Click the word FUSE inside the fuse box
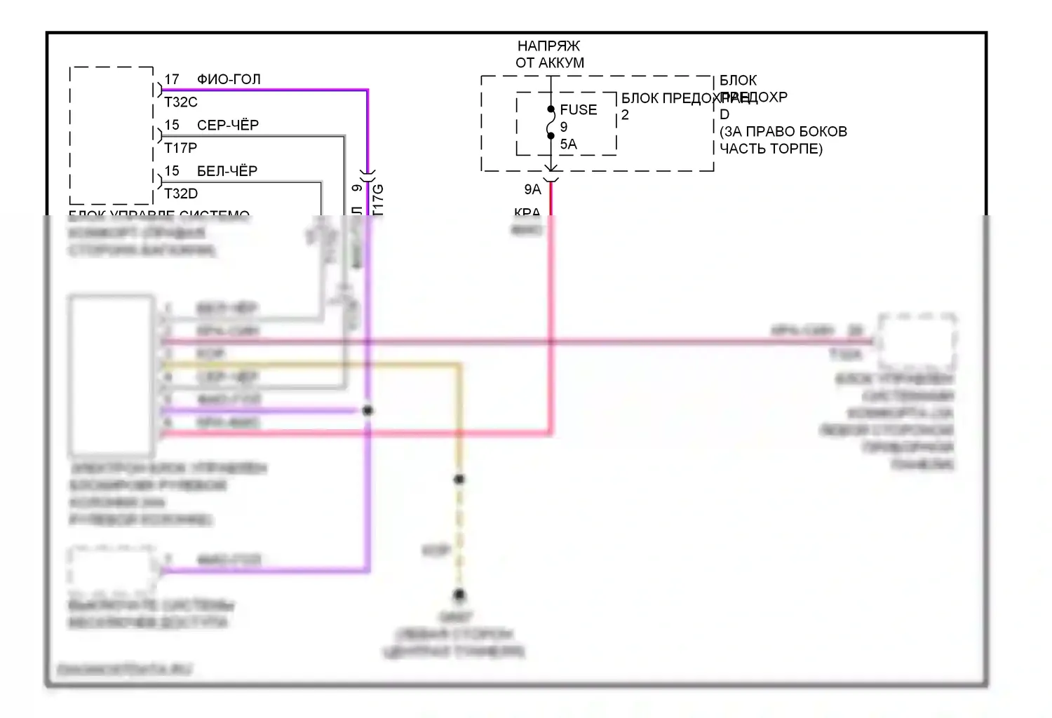point(578,110)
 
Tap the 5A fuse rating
point(568,144)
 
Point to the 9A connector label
point(532,189)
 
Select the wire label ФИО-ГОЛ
point(229,79)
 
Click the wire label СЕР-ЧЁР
point(228,126)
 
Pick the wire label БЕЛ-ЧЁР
point(227,171)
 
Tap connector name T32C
point(181,102)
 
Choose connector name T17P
point(181,148)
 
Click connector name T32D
point(181,194)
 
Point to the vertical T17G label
point(378,199)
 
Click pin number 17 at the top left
point(172,79)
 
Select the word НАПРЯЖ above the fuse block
point(548,46)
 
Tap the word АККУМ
point(559,63)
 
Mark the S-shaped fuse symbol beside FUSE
point(551,122)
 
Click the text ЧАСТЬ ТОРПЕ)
point(771,149)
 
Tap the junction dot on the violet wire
point(367,410)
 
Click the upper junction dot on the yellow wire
point(459,480)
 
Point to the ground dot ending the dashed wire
point(459,595)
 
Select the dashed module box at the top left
point(112,135)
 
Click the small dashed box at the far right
point(917,342)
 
